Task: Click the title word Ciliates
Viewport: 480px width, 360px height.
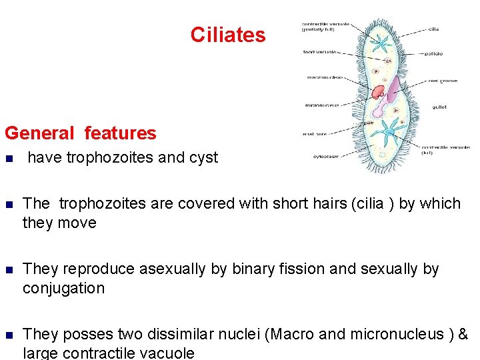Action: (x=227, y=35)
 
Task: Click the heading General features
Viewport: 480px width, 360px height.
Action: (x=80, y=133)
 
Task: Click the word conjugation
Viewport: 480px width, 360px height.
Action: (x=64, y=289)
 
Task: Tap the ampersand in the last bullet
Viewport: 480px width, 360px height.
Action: (x=463, y=334)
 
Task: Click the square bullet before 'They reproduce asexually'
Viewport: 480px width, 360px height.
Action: (x=8, y=270)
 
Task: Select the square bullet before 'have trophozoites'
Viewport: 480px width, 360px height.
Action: (x=8, y=159)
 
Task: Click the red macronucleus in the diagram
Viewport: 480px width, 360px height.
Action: (x=379, y=92)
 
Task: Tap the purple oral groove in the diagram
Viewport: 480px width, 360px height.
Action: (x=394, y=90)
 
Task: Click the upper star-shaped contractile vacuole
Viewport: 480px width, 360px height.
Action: (x=383, y=45)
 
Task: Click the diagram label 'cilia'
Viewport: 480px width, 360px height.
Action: (x=433, y=29)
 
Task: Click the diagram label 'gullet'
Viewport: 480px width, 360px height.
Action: (x=439, y=107)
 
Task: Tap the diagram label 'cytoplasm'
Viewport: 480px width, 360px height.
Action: (x=327, y=157)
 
